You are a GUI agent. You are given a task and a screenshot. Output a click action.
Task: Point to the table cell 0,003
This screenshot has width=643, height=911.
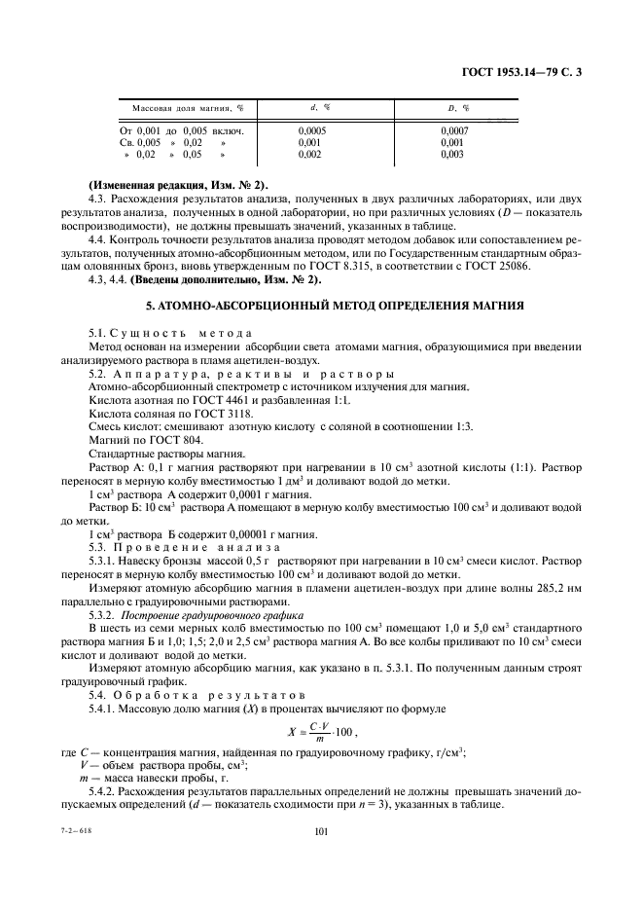(x=452, y=154)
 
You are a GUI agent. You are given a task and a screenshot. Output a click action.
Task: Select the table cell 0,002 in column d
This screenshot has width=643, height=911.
(x=309, y=154)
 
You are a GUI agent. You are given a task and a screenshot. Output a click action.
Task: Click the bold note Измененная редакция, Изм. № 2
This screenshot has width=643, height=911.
(x=178, y=185)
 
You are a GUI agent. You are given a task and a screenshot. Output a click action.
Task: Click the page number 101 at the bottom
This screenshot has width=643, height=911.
(x=322, y=831)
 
